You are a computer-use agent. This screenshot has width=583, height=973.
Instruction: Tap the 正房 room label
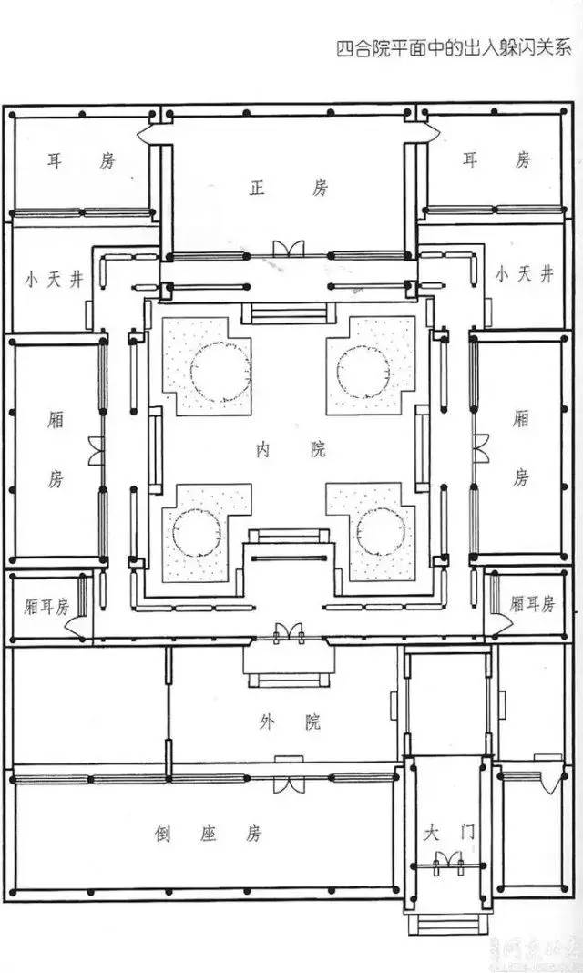click(x=288, y=189)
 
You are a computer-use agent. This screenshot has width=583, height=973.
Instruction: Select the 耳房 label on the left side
click(x=81, y=161)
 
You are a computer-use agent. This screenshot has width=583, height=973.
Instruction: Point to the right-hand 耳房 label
click(x=496, y=160)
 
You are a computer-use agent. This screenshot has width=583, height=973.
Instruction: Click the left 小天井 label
click(x=54, y=278)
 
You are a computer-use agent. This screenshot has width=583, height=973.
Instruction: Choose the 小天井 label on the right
click(x=523, y=274)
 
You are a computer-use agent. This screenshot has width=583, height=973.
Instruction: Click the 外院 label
click(x=290, y=722)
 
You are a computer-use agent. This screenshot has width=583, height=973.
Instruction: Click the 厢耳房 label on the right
click(x=532, y=603)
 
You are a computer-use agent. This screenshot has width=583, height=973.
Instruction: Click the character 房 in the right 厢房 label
click(x=520, y=476)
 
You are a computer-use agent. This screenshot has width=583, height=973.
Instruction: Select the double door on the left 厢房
click(x=95, y=451)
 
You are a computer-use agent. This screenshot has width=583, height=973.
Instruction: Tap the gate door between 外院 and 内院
click(x=289, y=631)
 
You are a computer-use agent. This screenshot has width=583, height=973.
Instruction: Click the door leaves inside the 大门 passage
click(x=446, y=859)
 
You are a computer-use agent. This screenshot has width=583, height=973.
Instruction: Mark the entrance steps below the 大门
click(x=446, y=925)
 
